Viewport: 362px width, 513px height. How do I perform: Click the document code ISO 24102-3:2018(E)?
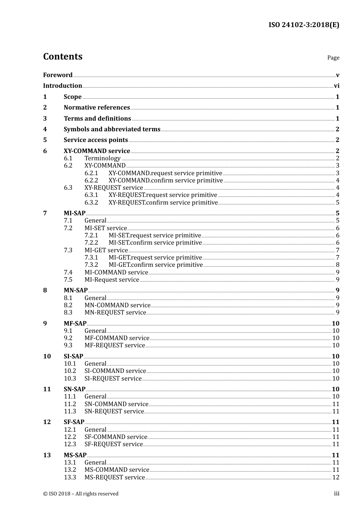(x=304, y=25)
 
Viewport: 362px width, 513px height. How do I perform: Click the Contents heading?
(x=62, y=56)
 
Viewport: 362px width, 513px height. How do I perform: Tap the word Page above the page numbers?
(x=333, y=58)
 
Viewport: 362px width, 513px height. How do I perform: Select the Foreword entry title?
(x=58, y=75)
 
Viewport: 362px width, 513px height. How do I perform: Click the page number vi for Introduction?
(x=336, y=86)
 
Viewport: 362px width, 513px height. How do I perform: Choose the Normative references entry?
(x=97, y=108)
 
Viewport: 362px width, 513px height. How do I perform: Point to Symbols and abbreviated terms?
(x=112, y=129)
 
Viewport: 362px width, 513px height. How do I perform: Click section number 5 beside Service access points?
(x=45, y=140)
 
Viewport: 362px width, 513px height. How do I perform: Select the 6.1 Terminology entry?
(x=103, y=158)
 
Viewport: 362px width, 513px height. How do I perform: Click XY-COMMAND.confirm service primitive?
(x=166, y=180)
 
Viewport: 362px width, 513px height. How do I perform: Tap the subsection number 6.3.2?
(x=91, y=202)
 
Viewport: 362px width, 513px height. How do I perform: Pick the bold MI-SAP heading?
(x=74, y=213)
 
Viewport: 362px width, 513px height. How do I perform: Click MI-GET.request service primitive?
(x=155, y=258)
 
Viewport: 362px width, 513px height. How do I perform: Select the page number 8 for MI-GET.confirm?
(x=338, y=265)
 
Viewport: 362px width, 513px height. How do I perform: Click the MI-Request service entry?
(x=112, y=280)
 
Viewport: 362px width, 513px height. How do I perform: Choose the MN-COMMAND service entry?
(x=117, y=305)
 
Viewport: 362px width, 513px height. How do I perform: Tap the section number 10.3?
(x=70, y=379)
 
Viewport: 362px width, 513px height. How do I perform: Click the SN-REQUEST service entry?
(x=114, y=411)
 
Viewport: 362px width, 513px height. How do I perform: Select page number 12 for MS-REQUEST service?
(x=336, y=478)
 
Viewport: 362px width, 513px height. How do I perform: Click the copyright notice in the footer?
(x=81, y=494)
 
